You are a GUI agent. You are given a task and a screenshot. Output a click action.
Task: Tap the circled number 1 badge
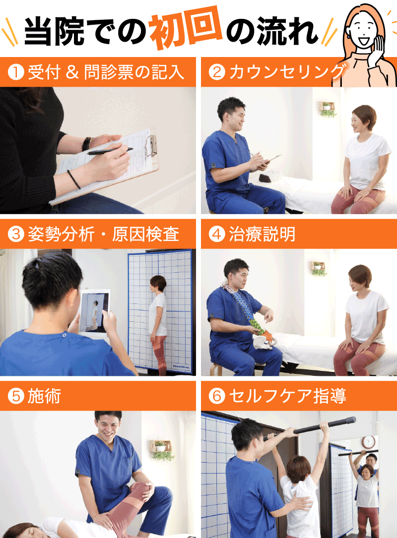[16, 72]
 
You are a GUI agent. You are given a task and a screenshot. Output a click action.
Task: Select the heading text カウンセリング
[287, 72]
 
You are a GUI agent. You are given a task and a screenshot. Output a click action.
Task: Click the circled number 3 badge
[16, 235]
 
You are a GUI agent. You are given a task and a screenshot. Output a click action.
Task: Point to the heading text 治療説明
[262, 235]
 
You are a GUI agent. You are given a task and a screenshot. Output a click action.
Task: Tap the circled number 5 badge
[16, 396]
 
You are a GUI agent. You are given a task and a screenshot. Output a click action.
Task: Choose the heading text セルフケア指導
[287, 396]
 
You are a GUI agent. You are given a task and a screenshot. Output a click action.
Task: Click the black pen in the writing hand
[110, 151]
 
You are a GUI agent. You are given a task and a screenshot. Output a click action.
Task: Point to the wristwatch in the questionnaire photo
[87, 144]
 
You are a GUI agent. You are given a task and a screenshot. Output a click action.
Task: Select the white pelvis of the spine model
[263, 343]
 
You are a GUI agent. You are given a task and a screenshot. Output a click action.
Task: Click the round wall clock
[369, 442]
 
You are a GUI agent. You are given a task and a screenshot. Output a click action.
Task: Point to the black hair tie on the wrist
[73, 179]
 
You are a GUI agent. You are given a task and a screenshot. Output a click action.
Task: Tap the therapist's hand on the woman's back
[301, 504]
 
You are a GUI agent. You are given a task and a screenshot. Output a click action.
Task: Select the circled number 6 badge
[217, 396]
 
